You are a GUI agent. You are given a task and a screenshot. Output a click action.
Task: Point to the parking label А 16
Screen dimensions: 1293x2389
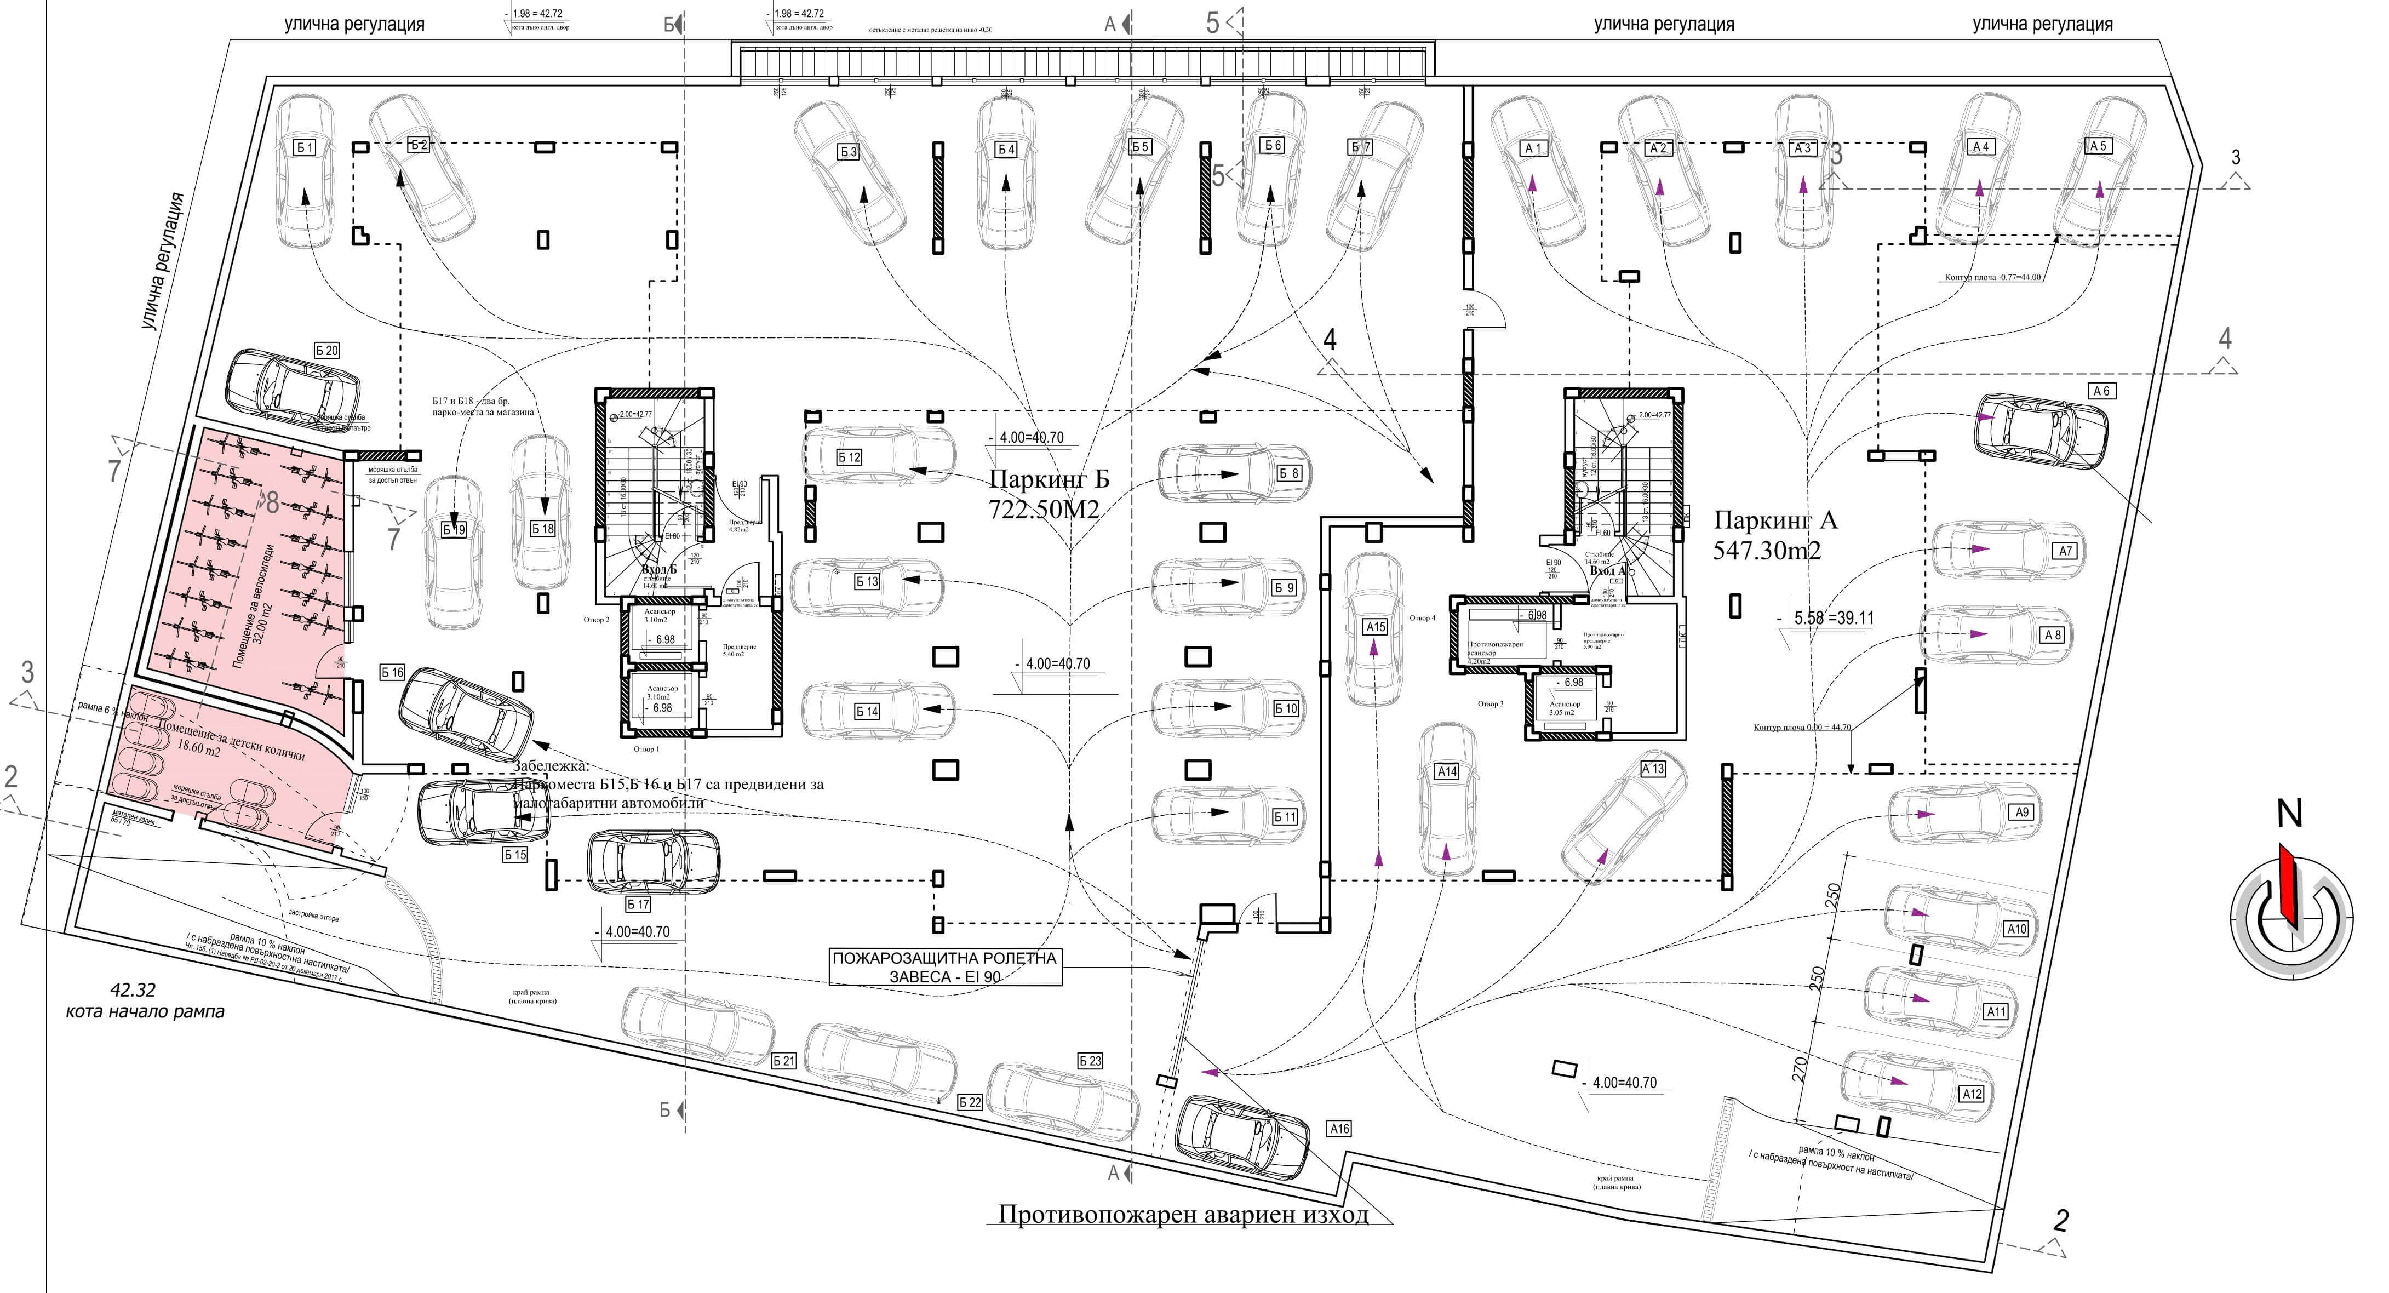pos(1339,1129)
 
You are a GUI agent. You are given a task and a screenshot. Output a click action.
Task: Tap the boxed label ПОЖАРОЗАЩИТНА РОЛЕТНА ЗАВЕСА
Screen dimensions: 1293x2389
pos(944,966)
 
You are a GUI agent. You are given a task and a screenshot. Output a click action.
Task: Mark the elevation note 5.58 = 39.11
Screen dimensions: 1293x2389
pos(1823,618)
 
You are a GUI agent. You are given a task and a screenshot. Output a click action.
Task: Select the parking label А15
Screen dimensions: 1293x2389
pos(1374,627)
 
